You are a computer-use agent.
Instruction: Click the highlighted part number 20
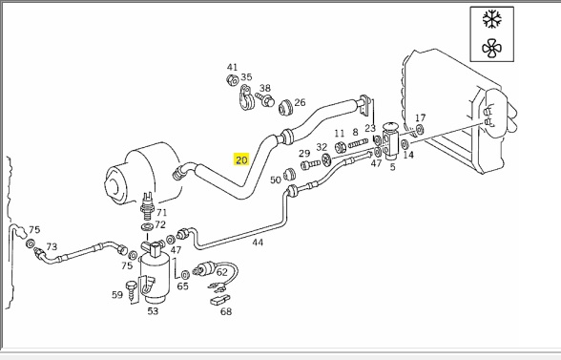tap(241, 159)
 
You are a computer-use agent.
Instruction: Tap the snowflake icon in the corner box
tap(492, 19)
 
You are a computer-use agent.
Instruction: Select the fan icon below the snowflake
tap(492, 49)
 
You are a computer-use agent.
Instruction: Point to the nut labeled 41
tap(232, 80)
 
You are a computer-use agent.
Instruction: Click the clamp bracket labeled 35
tap(246, 97)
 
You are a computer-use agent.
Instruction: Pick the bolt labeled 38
tap(265, 99)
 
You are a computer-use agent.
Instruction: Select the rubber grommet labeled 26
tap(286, 107)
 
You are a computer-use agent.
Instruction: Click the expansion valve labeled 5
tap(390, 140)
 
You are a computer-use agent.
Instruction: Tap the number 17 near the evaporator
tap(420, 117)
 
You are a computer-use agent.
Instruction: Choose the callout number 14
tap(408, 155)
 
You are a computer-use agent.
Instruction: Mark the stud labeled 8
tap(358, 143)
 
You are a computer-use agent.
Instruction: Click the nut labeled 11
tap(341, 147)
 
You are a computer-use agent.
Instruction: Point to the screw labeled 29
tap(310, 165)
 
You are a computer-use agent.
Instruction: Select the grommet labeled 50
tap(289, 175)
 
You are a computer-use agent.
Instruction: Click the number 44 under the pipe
tap(258, 243)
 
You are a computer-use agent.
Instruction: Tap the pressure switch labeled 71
tap(148, 206)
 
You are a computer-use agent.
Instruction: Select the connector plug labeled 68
tap(219, 300)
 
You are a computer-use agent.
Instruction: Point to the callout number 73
tap(52, 246)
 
